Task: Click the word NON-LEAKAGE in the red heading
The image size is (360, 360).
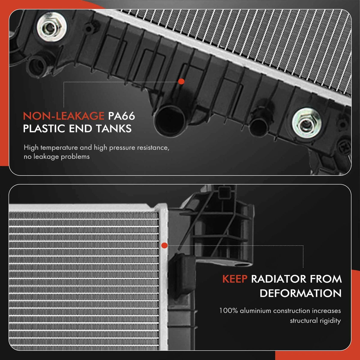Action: pos(64,116)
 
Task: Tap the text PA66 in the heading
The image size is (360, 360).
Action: pos(121,116)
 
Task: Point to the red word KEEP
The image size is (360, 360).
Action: pos(235,279)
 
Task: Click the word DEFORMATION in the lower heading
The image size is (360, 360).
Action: pos(301,293)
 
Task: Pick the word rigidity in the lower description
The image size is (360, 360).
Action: pos(330,321)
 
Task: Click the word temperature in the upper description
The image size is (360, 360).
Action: pos(59,148)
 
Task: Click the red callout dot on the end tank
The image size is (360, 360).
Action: pos(181,82)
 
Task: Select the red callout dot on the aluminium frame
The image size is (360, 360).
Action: pos(164,246)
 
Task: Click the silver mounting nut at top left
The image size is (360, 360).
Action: pos(52,27)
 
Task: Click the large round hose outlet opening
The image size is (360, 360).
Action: pos(169,120)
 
